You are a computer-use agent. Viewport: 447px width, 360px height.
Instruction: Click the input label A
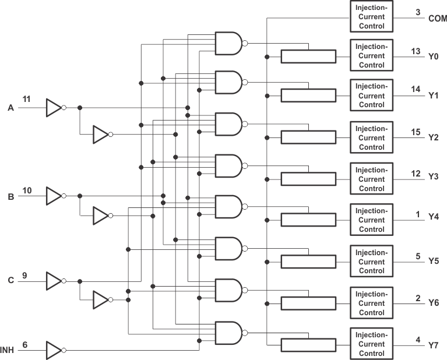(x=10, y=108)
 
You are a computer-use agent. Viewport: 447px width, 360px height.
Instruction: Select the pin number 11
(x=27, y=100)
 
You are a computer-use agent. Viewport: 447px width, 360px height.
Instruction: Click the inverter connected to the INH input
(x=54, y=350)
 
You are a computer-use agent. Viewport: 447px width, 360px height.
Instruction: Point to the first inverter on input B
(x=54, y=196)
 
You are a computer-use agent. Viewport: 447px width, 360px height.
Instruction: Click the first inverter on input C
(x=54, y=281)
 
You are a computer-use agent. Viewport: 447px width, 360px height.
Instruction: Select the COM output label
(x=437, y=19)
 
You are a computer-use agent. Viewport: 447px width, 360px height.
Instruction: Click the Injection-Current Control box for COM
(x=371, y=16)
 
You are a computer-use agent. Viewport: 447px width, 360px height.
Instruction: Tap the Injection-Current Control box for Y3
(x=371, y=179)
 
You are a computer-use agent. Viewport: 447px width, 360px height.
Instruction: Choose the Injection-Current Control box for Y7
(x=371, y=344)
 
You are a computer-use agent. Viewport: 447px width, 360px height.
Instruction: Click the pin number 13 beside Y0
(x=416, y=51)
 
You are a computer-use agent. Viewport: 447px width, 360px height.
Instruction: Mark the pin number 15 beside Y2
(x=416, y=132)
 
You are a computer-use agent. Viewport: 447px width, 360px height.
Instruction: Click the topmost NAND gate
(x=228, y=43)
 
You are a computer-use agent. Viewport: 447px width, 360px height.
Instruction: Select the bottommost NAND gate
(x=228, y=333)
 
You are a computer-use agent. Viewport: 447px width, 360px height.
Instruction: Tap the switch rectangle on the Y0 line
(x=308, y=57)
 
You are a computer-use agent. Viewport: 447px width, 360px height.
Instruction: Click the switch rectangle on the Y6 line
(x=308, y=303)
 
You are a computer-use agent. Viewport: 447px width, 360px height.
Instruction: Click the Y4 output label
(x=434, y=217)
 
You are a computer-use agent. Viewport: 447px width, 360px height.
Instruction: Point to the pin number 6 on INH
(x=25, y=344)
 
